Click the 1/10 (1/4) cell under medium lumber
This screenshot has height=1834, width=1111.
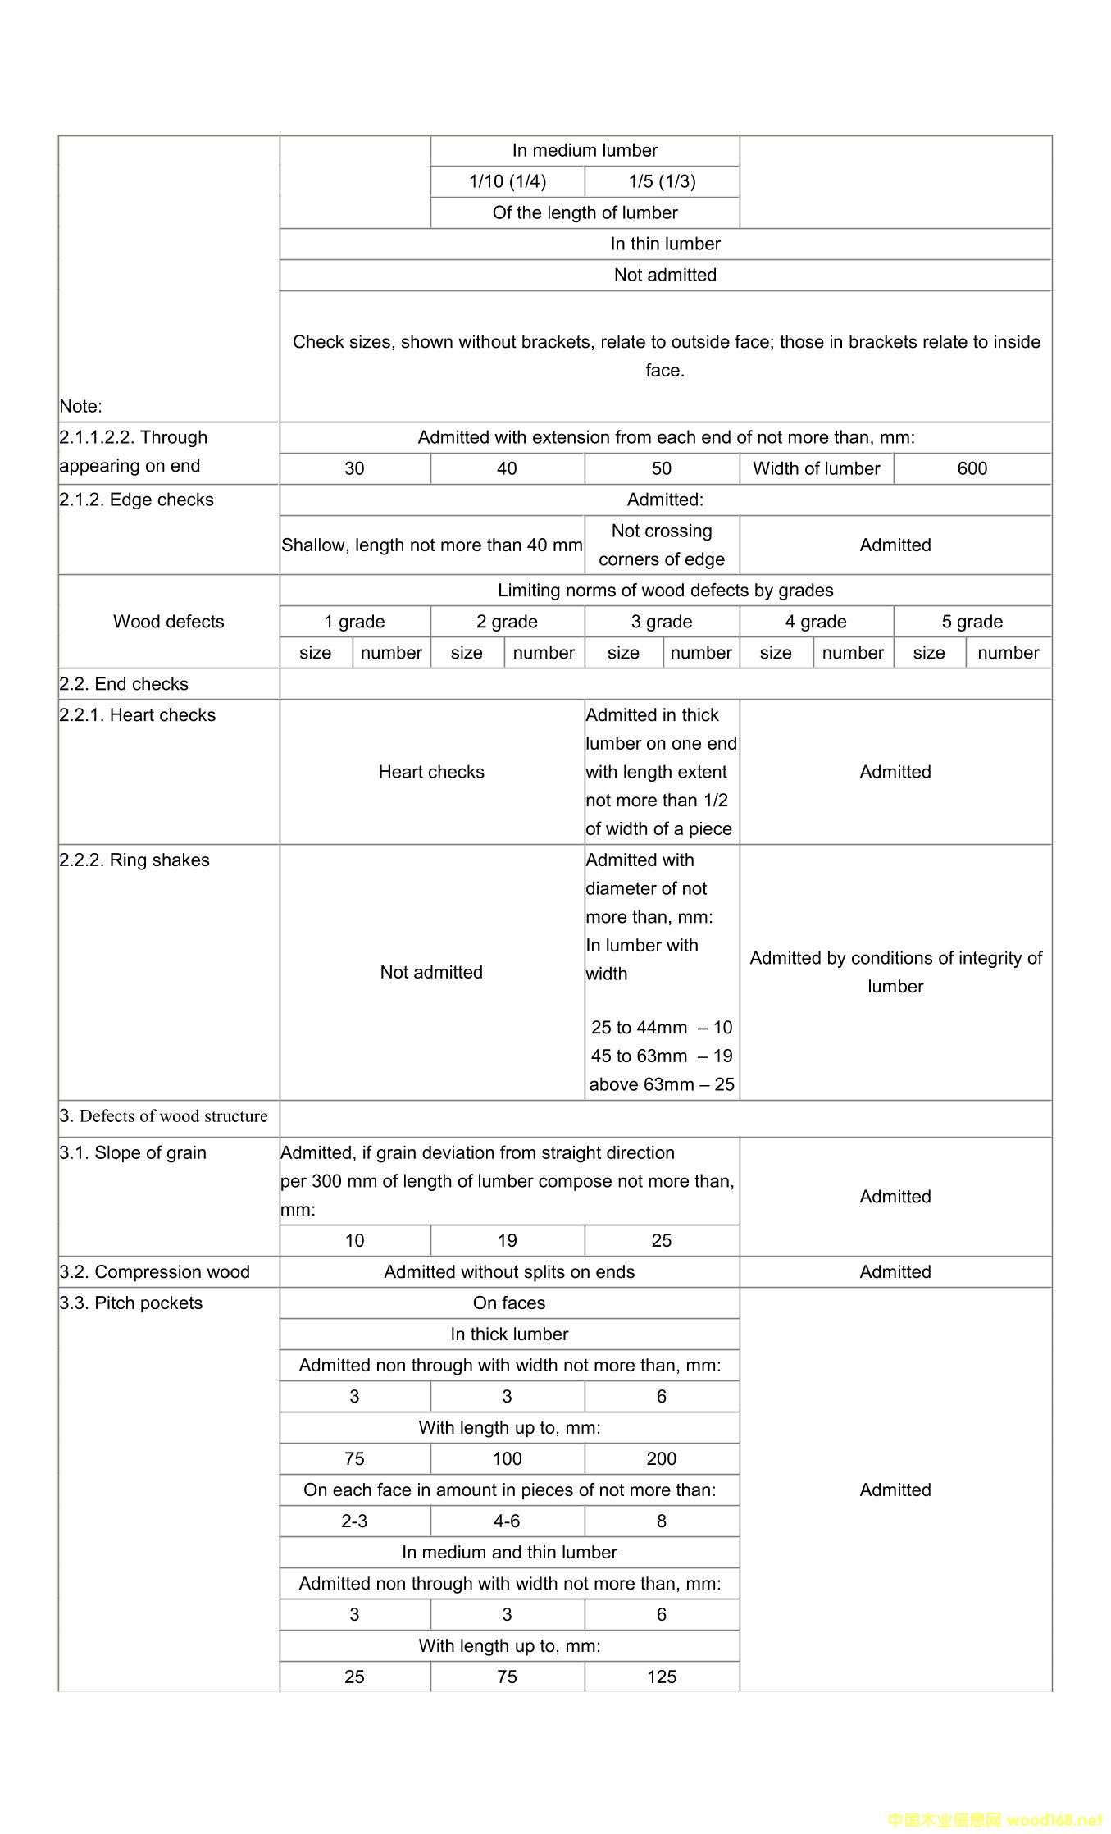pos(507,181)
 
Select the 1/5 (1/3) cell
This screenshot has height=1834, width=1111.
pos(662,181)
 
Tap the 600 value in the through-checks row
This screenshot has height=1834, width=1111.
pos(972,468)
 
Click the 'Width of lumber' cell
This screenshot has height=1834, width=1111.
pos(816,468)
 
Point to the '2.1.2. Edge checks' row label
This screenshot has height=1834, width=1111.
pos(136,500)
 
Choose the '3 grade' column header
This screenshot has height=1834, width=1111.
pos(661,622)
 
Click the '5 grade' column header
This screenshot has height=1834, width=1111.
pos(972,622)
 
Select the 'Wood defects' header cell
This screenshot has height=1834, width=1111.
pos(168,622)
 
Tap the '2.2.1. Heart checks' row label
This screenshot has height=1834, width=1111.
pos(137,715)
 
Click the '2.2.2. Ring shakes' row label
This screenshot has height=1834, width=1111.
pos(134,860)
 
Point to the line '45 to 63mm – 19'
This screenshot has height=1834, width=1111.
pos(661,1056)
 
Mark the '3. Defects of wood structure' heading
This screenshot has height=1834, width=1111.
pos(163,1116)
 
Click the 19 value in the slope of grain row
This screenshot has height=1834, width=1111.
pos(507,1241)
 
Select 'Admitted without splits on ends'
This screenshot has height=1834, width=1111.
pos(509,1272)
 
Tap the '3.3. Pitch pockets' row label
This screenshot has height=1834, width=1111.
pos(130,1303)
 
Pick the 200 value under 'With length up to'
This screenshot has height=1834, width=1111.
pos(661,1459)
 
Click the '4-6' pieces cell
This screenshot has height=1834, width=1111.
pos(507,1521)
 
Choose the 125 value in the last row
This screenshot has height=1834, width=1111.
pos(661,1677)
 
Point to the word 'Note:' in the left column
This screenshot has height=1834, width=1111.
pos(80,407)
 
